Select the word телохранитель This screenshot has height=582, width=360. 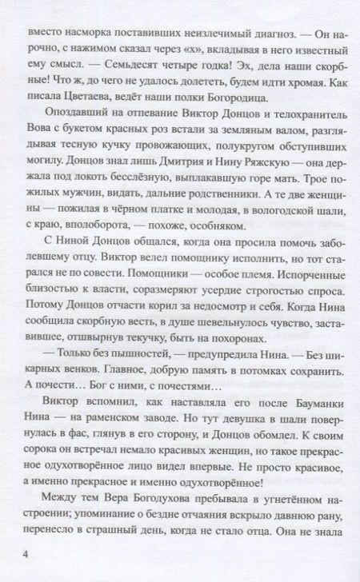click(x=293, y=110)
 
